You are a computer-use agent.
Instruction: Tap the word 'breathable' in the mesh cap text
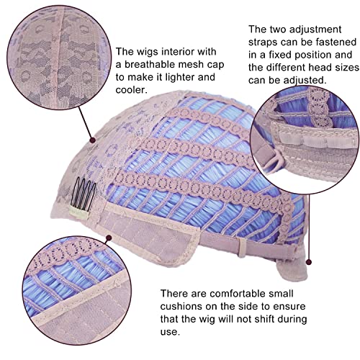(151, 64)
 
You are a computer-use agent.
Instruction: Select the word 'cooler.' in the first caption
(131, 90)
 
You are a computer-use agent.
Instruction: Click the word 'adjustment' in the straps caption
(315, 30)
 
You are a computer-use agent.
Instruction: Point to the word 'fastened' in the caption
(336, 42)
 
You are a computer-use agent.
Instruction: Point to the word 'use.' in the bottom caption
(170, 332)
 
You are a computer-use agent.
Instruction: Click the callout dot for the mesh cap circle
(92, 140)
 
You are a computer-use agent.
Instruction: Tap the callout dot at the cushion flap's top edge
(109, 238)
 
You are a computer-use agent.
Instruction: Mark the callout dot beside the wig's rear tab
(309, 262)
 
